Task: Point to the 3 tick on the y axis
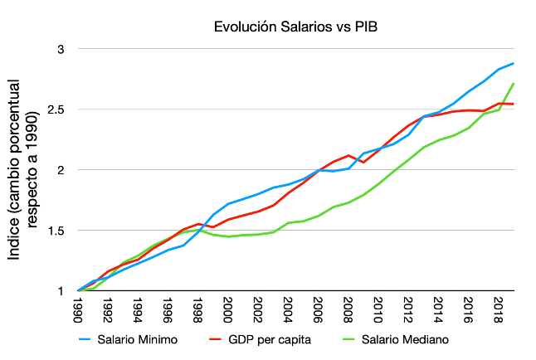click(x=59, y=49)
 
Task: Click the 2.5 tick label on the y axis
click(x=54, y=109)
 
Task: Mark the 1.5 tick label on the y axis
click(x=54, y=230)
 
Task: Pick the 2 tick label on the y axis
click(x=59, y=169)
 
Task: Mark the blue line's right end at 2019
click(x=514, y=63)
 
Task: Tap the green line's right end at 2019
click(x=514, y=83)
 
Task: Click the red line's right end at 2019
click(x=514, y=104)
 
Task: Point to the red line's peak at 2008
click(x=349, y=155)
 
